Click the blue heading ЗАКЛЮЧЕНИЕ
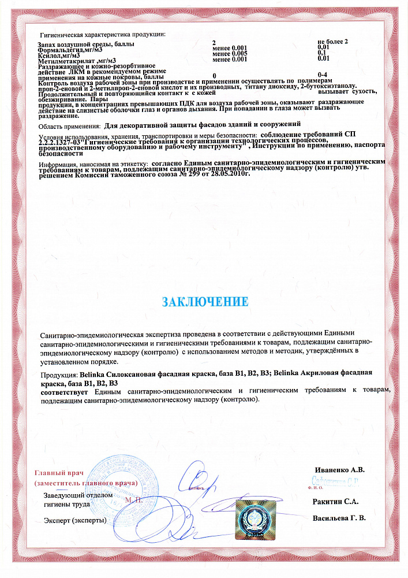pos(205,302)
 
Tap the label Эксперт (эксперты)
pos(76,520)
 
